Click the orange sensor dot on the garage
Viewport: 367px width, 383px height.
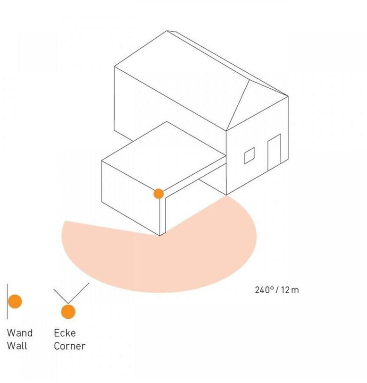coord(158,193)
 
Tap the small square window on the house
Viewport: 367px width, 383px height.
coord(249,155)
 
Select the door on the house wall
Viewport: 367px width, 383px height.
coord(274,153)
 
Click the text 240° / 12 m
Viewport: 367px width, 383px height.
coord(276,289)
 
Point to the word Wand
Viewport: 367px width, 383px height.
coord(20,333)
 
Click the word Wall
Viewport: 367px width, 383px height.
coord(17,346)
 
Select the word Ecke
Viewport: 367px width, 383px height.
coord(65,333)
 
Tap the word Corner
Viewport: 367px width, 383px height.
coord(69,346)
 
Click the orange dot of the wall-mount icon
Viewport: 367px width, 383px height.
coord(15,301)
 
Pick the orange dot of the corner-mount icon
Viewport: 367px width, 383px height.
coord(68,312)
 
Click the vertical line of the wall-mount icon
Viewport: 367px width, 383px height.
coord(7,301)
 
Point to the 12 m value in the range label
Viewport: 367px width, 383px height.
coord(289,289)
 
